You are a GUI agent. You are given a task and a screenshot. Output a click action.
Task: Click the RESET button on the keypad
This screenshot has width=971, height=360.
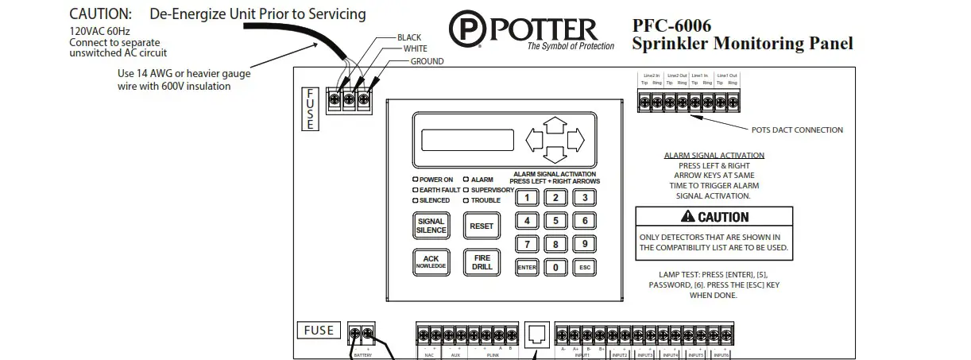point(482,226)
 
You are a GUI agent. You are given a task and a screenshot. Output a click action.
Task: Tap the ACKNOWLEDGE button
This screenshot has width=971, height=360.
point(431,262)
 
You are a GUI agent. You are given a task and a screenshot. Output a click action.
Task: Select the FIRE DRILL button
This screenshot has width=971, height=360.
point(482,262)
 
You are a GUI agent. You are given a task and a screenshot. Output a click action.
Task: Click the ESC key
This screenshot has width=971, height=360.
point(585,268)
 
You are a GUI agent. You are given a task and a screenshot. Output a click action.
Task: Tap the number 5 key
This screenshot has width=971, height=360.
point(555,221)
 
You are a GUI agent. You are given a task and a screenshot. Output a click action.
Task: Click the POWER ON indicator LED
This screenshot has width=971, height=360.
point(415,180)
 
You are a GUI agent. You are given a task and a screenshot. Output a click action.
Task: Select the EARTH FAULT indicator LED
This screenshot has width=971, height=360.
point(415,190)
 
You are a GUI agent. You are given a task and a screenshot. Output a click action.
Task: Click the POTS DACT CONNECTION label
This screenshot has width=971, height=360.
point(797,130)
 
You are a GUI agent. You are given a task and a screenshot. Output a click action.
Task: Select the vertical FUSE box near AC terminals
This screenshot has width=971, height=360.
point(310,109)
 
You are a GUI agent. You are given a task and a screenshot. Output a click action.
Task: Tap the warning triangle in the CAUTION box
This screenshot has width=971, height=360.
point(687,217)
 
